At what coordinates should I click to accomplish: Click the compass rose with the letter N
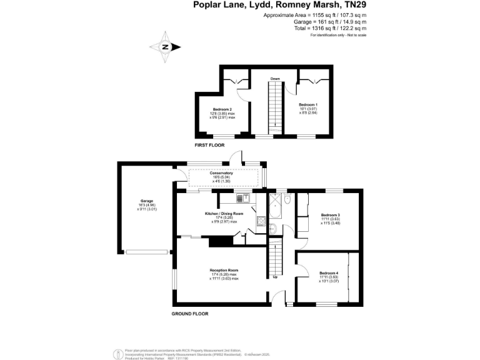[166, 47]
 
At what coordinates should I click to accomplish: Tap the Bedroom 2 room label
[222, 109]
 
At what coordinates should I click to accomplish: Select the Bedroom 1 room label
[308, 104]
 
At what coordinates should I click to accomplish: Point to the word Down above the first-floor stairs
[274, 79]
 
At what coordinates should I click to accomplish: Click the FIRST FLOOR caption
[209, 145]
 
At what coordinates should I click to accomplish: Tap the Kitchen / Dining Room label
[224, 214]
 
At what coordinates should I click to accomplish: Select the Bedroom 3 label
[330, 215]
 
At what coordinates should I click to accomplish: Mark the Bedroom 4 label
[329, 273]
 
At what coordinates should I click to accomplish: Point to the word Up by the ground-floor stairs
[275, 277]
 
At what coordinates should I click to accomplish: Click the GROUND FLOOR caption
[190, 313]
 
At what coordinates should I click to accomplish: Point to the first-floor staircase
[274, 106]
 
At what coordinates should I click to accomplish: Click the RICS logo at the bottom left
[116, 353]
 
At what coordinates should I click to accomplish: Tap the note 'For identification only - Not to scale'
[338, 35]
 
